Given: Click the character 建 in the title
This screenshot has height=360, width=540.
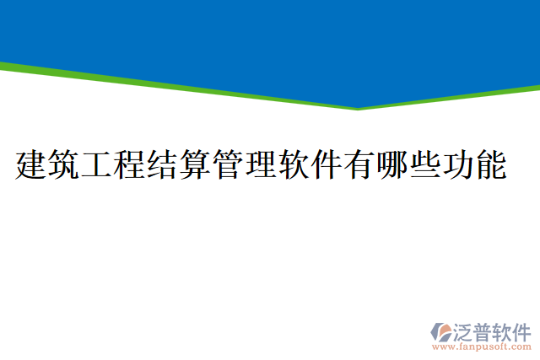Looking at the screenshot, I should [x=31, y=164].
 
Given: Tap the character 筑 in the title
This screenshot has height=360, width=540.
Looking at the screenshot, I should [x=64, y=164].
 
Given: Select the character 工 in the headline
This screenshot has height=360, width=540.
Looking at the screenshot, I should [x=97, y=164].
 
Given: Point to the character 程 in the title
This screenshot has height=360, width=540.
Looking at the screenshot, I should [x=130, y=164].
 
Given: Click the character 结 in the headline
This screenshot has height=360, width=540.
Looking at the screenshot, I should [x=163, y=164].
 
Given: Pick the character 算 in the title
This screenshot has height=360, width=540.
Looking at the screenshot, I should [x=196, y=164].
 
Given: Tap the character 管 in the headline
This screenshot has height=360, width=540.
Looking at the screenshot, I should [x=228, y=164].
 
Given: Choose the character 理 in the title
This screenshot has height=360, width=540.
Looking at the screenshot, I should [x=261, y=164].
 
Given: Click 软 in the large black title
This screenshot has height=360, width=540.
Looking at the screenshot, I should [x=294, y=164].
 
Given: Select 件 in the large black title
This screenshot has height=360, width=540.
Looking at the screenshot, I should [x=327, y=164].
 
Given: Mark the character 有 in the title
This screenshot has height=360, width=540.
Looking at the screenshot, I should [x=359, y=164].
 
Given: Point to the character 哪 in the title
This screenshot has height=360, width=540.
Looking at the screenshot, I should [x=392, y=164].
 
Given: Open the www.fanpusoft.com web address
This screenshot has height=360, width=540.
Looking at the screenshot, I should [x=482, y=347].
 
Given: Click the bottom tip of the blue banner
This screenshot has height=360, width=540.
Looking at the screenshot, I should [x=358, y=106].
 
